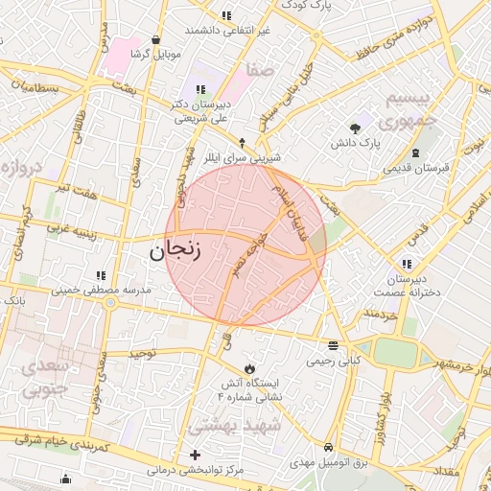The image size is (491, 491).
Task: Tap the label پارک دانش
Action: (357, 143)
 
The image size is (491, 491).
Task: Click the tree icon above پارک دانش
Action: (356, 127)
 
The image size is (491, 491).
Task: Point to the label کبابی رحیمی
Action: (333, 362)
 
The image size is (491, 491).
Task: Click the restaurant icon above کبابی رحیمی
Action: (333, 345)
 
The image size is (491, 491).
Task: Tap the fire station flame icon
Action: (249, 367)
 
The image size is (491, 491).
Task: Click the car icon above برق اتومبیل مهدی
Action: (329, 447)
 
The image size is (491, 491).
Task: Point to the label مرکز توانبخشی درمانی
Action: (196, 471)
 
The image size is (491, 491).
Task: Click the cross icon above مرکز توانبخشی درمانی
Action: (196, 455)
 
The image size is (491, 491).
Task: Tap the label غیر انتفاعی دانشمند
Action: (226, 31)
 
